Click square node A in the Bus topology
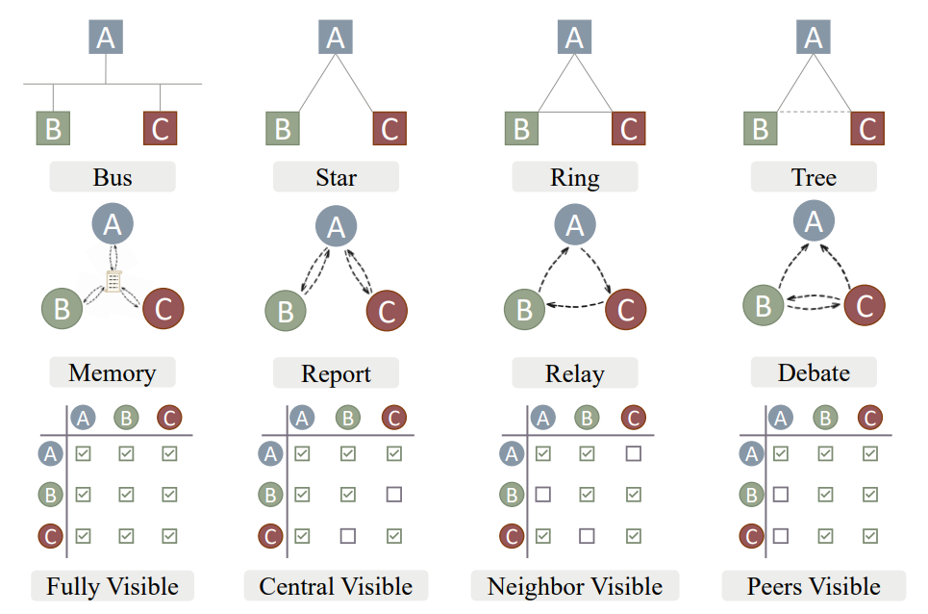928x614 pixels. click(106, 37)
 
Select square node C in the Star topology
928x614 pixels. click(389, 128)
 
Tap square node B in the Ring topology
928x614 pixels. click(521, 128)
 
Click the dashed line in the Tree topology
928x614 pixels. click(814, 112)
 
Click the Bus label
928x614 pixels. click(113, 177)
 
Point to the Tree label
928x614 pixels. click(814, 177)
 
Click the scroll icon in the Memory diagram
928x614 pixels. click(113, 281)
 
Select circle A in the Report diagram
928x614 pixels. click(336, 226)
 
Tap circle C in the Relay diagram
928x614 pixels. click(626, 309)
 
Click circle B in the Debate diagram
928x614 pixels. click(764, 305)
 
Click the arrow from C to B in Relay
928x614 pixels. click(575, 305)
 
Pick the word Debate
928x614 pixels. click(814, 373)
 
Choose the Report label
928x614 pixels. click(336, 373)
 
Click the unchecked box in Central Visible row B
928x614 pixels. click(394, 494)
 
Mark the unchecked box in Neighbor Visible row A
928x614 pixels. click(634, 453)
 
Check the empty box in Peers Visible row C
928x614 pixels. click(781, 536)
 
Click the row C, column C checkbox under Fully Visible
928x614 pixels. click(169, 536)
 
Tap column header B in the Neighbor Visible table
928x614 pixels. click(587, 418)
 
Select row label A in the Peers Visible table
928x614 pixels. click(752, 454)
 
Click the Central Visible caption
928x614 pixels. click(336, 586)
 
